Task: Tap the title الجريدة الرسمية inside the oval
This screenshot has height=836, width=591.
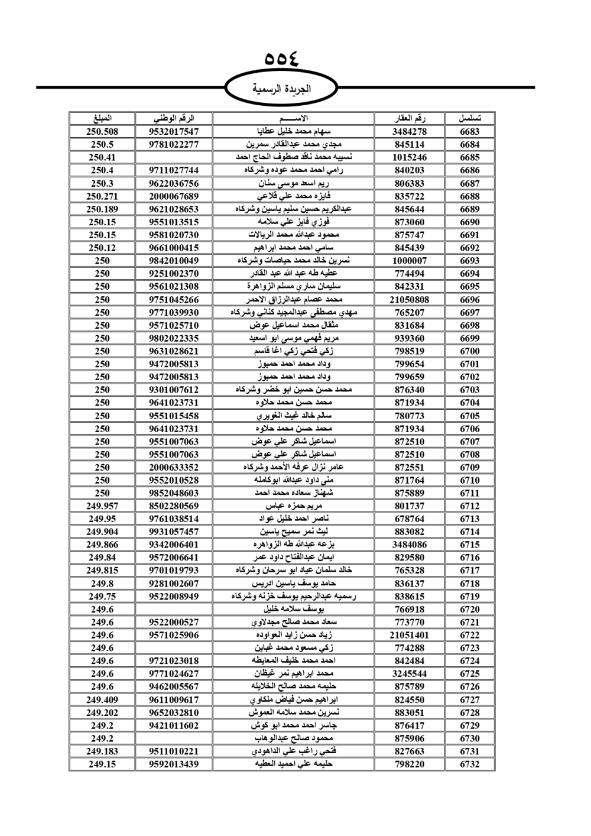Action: point(281,89)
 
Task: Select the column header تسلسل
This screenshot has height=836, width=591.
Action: point(469,118)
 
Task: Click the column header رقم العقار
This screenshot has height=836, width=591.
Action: point(410,118)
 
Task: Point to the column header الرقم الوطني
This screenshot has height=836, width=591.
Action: point(174,118)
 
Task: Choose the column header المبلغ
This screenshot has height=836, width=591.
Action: point(102,118)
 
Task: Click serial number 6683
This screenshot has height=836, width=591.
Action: point(469,132)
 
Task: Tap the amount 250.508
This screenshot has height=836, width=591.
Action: point(102,132)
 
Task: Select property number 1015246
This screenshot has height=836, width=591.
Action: point(410,157)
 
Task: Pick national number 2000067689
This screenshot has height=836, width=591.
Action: point(174,196)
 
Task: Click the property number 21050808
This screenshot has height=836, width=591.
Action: point(410,300)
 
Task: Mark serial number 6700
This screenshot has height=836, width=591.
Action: point(469,351)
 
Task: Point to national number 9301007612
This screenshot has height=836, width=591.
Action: point(174,390)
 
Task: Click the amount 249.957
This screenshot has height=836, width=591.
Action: point(102,506)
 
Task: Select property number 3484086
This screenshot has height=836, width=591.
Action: point(410,545)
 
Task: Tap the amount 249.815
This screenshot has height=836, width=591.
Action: point(102,571)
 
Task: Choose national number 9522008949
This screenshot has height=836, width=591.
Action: point(174,596)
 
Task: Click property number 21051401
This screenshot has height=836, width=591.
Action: point(410,635)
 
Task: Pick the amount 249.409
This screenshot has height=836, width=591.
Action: point(102,699)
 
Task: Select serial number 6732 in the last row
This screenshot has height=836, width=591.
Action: point(469,764)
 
